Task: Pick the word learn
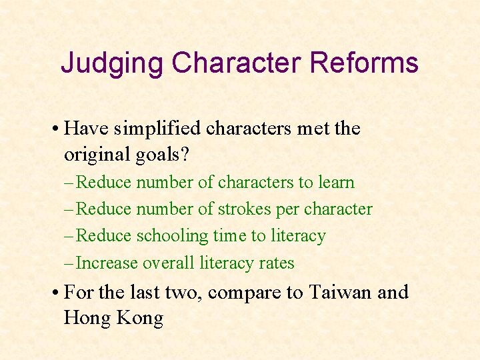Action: pyautogui.click(x=337, y=183)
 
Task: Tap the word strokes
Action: pyautogui.click(x=244, y=209)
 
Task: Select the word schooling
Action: pyautogui.click(x=173, y=237)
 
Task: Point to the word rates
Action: pyautogui.click(x=277, y=264)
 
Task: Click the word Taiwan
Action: pyautogui.click(x=340, y=292)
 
